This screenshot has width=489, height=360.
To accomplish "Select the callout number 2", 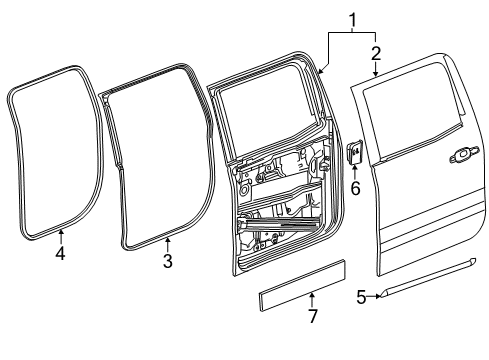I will coord(375,51).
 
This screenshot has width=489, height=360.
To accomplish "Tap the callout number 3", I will coord(168,261).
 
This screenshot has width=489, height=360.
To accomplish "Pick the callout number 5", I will coord(362,296).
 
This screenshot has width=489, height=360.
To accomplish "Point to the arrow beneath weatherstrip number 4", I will coord(60,236).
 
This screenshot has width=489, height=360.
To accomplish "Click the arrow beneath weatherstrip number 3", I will coord(168,244).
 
